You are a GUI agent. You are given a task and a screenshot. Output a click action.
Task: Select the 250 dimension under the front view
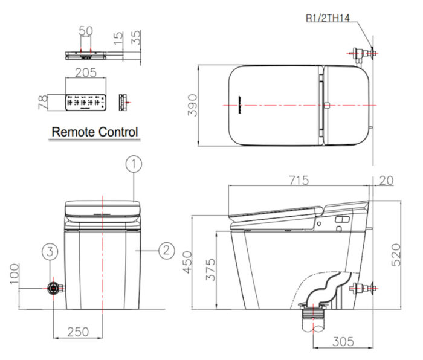click(79, 331)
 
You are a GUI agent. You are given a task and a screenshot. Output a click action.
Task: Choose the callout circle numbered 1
click(134, 163)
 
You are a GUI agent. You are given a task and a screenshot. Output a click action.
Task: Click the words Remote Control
click(95, 131)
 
